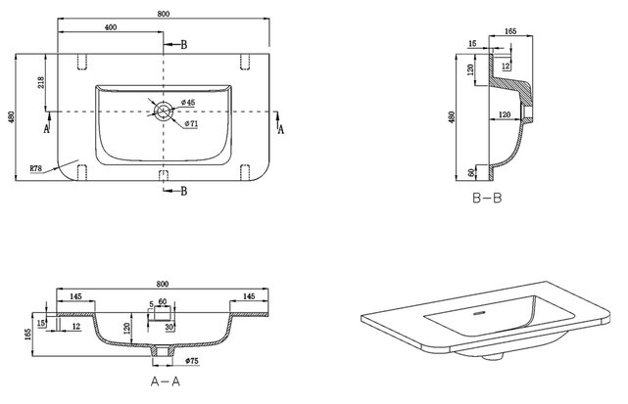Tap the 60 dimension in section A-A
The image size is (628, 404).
[163, 302]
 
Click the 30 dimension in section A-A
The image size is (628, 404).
[169, 327]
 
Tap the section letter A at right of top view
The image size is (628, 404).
[281, 128]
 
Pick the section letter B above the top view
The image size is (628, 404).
[183, 44]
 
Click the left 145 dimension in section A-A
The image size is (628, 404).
[75, 296]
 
